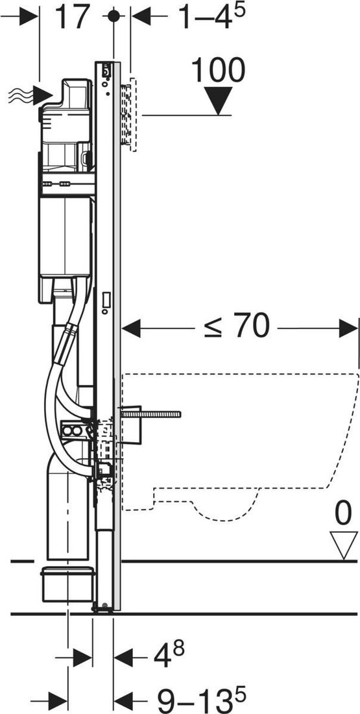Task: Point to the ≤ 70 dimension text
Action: click(237, 326)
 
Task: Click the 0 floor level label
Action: click(343, 513)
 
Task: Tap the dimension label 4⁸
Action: click(169, 656)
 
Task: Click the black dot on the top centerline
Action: click(114, 16)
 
